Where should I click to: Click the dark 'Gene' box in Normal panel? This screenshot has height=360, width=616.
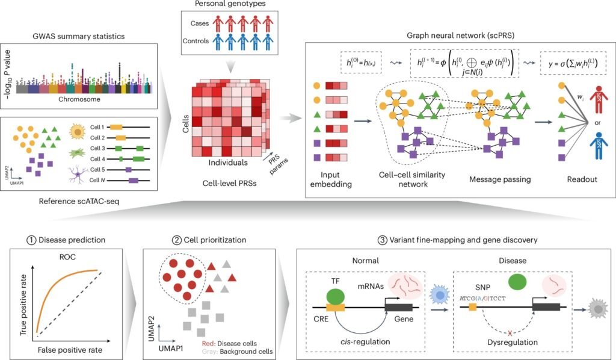click(398, 308)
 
